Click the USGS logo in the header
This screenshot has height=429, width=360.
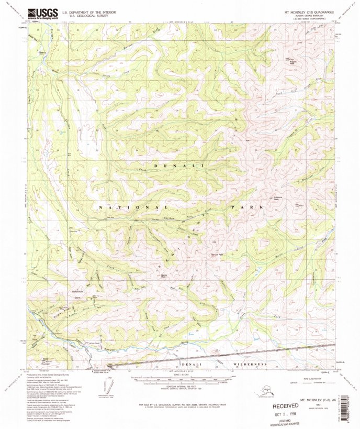click(42, 13)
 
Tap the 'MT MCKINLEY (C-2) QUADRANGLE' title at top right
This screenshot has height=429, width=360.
click(309, 11)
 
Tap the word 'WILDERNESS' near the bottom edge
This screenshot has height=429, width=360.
click(250, 364)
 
